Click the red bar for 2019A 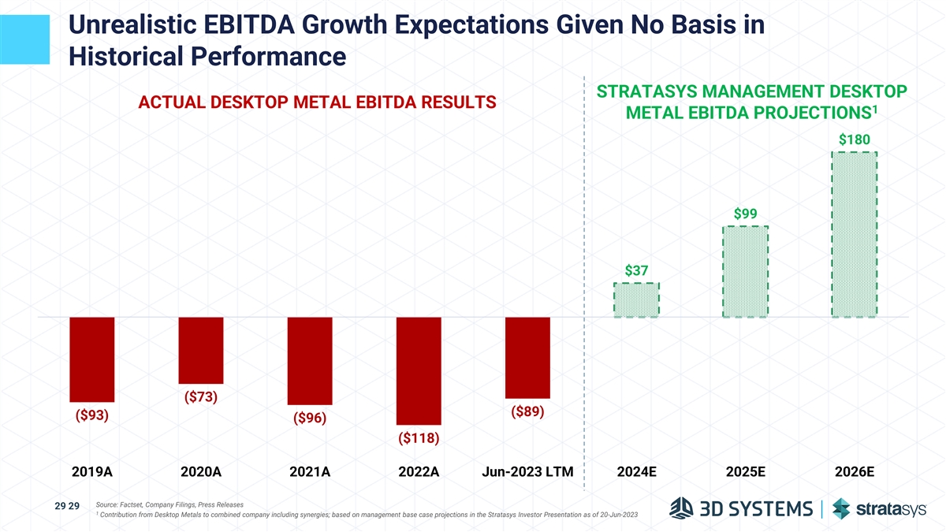pyautogui.click(x=92, y=359)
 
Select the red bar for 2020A pyautogui.click(x=201, y=350)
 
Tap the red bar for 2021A pyautogui.click(x=310, y=361)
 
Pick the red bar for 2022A pyautogui.click(x=419, y=370)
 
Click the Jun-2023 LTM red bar pyautogui.click(x=527, y=357)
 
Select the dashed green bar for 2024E pyautogui.click(x=636, y=299)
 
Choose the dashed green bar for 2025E pyautogui.click(x=745, y=272)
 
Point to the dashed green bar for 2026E pyautogui.click(x=854, y=234)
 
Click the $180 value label pyautogui.click(x=854, y=140)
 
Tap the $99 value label pyautogui.click(x=745, y=214)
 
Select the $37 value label pyautogui.click(x=636, y=270)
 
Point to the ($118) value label pyautogui.click(x=419, y=437)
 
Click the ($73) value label pyautogui.click(x=201, y=396)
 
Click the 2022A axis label pyautogui.click(x=419, y=473)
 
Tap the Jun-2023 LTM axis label pyautogui.click(x=527, y=473)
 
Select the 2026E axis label pyautogui.click(x=854, y=473)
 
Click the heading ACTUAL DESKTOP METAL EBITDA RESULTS pyautogui.click(x=317, y=102)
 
